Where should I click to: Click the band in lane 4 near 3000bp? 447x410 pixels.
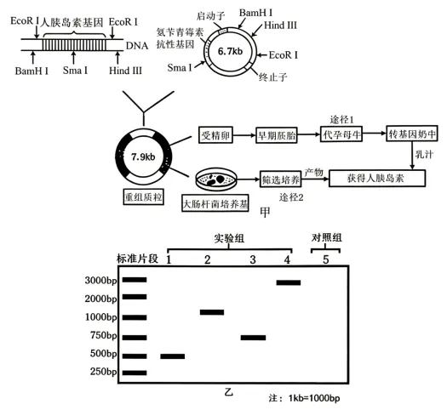point(289,282)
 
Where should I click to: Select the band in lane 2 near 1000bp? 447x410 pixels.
point(212,312)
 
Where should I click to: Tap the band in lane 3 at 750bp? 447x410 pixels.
point(253,338)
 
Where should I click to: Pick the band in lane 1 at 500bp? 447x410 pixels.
point(173,356)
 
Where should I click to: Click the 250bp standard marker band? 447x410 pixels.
point(135,373)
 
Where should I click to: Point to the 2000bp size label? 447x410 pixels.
point(101,299)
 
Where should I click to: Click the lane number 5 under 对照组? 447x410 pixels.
point(326,259)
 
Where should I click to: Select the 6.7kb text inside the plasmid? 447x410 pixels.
point(231,51)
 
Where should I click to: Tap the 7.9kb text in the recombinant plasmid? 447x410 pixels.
point(143,157)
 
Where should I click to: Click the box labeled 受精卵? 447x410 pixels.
point(215,135)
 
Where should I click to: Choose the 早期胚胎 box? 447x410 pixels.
point(277,135)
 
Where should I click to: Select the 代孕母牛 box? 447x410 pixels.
point(341,134)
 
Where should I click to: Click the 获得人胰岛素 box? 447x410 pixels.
point(377,179)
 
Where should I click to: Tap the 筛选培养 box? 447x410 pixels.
point(280,179)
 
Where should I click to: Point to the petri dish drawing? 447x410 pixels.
point(216,179)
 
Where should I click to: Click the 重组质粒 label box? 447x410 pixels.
point(143,196)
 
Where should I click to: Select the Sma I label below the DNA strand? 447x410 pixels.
point(75,70)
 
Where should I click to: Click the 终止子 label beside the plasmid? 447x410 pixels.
point(272,77)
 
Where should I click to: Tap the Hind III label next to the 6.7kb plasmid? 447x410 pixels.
point(280,26)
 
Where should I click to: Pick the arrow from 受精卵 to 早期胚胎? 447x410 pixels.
point(244,135)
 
